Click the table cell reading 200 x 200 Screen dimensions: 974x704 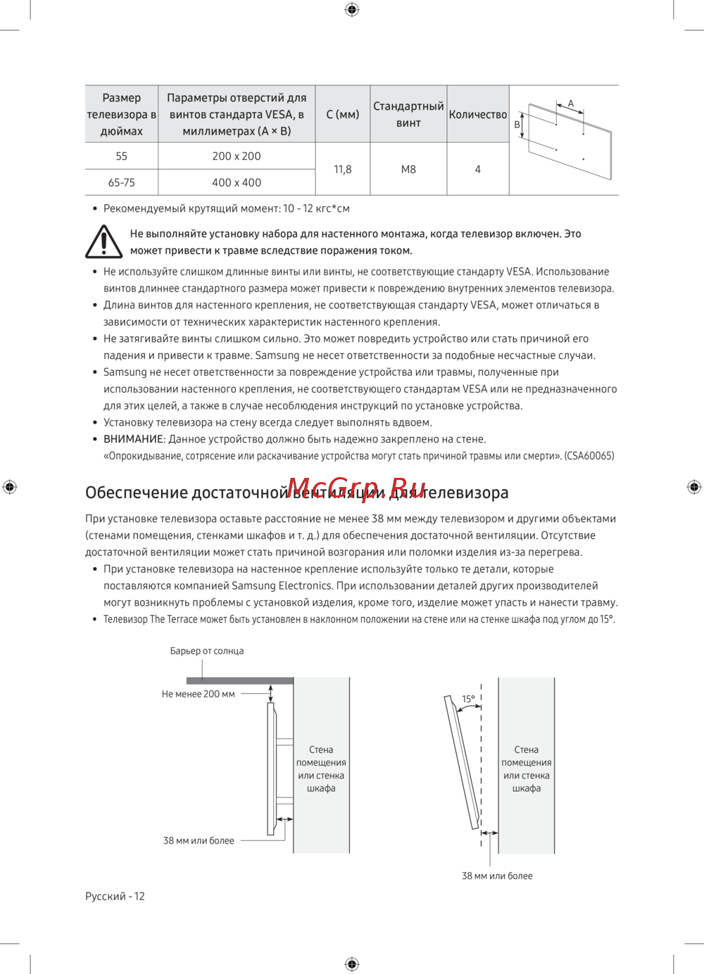pos(237,156)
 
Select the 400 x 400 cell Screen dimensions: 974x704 pos(237,182)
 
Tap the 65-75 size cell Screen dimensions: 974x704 pos(121,182)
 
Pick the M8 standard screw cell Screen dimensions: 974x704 pos(408,170)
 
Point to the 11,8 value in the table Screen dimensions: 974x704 pos(343,170)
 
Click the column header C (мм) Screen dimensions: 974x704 pos(343,114)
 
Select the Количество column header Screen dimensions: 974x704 pos(478,114)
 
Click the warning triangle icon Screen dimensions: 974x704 pos(104,241)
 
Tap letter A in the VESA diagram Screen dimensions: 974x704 pos(571,103)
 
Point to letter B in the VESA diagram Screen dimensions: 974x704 pos(517,125)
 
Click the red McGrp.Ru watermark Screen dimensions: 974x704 pos(356,487)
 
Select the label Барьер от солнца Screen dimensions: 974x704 pos(207,651)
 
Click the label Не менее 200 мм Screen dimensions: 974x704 pos(199,694)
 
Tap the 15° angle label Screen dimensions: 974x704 pos(468,699)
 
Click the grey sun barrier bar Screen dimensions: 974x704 pos(239,681)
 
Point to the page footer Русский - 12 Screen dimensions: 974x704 pos(115,896)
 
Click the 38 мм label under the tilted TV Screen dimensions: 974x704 pos(497,876)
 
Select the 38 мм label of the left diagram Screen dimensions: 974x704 pos(199,840)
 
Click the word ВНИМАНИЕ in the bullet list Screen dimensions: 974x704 pos(134,439)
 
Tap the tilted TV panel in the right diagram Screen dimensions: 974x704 pos(461,760)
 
